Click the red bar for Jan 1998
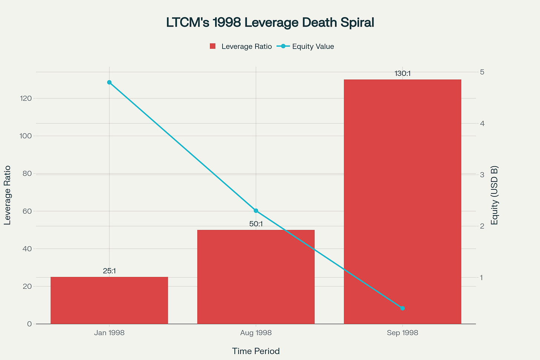(x=109, y=300)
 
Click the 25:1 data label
(x=109, y=271)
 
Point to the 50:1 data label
(x=256, y=224)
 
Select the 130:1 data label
(x=402, y=74)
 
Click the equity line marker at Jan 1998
(x=109, y=82)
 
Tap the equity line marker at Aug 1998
(x=256, y=211)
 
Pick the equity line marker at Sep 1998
(x=402, y=308)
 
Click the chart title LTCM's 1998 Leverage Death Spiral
(x=270, y=23)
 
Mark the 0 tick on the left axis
(x=29, y=324)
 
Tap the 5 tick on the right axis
(x=483, y=72)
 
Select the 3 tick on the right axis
(x=483, y=175)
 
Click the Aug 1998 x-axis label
(x=256, y=333)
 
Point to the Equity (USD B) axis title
(x=494, y=195)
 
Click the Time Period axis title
(x=256, y=351)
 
